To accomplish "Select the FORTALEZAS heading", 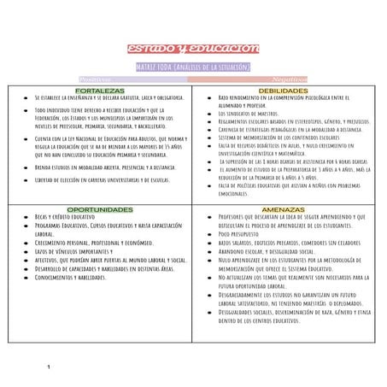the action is pos(100,90).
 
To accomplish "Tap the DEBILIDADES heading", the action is pos(284,90).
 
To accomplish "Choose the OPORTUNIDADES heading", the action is pos(100,209).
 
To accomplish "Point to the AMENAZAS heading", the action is pos(284,209).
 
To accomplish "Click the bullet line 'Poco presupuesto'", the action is pos(243,233).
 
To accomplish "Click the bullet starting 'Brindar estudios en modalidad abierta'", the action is pos(107,168).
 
